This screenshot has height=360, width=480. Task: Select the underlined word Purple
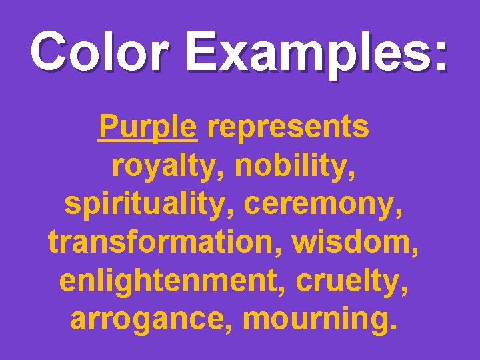[147, 127]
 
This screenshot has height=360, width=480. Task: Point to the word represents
[288, 127]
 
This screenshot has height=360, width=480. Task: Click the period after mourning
[398, 327]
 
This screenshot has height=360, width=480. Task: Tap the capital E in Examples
[202, 51]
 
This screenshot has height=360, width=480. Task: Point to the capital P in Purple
[107, 126]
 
